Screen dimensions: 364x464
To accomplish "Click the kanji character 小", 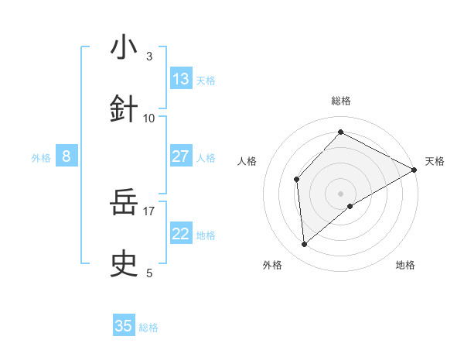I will click(x=124, y=48).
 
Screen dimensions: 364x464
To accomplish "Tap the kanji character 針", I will click(x=124, y=110).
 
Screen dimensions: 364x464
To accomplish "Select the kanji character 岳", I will click(x=124, y=204).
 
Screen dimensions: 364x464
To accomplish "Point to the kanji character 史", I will click(x=124, y=266).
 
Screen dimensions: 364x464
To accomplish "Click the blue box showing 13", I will click(x=181, y=79).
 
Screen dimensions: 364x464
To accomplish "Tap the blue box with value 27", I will click(x=181, y=156).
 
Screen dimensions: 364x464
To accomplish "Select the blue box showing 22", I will click(x=181, y=235).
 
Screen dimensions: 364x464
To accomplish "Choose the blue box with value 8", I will click(x=67, y=157).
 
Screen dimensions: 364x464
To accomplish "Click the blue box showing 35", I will click(x=124, y=326).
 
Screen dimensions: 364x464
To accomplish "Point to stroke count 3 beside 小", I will click(x=149, y=56).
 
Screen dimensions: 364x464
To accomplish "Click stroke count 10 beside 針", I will click(x=149, y=118).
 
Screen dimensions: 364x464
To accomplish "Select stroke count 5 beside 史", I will click(x=149, y=273).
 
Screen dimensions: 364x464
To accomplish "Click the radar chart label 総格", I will click(x=341, y=101).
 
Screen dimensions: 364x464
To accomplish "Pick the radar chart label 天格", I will click(x=435, y=161).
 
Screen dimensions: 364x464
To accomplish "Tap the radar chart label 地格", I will click(x=405, y=265).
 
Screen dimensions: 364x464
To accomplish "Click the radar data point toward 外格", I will click(x=305, y=245).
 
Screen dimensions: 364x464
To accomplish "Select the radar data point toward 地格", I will click(x=350, y=206).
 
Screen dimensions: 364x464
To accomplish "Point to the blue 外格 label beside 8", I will click(x=41, y=158).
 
